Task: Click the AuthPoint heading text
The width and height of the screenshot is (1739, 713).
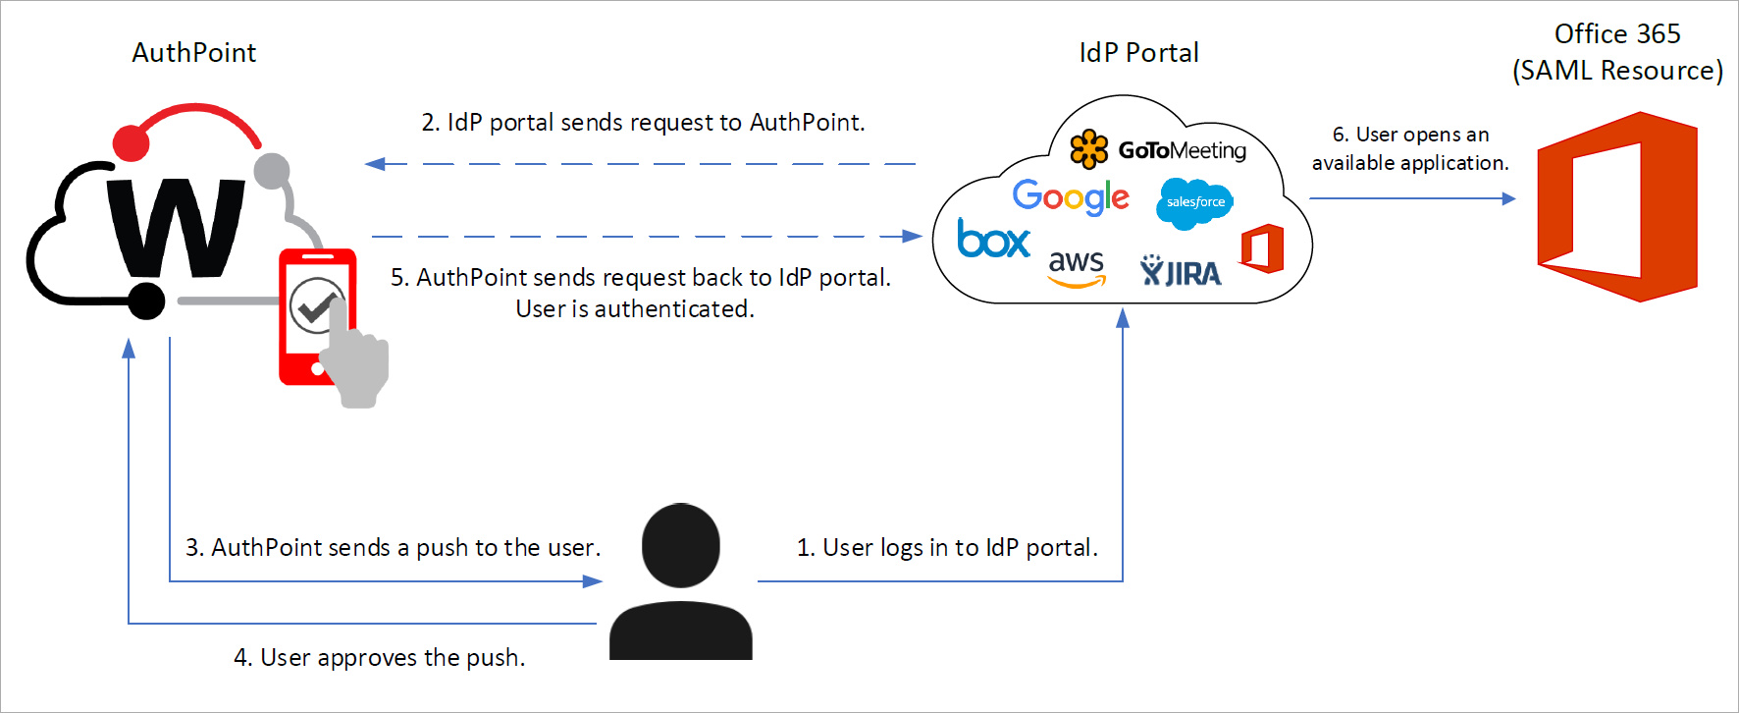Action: pos(194,53)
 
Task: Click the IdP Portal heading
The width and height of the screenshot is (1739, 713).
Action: pos(1138,53)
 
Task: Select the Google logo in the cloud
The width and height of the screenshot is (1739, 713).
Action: pos(1070,197)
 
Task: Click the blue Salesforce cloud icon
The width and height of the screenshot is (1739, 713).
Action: pos(1194,202)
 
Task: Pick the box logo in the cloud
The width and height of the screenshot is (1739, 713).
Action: pos(993,239)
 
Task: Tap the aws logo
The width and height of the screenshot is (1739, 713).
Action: pos(1077,268)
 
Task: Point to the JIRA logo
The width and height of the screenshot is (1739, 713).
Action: pos(1181,272)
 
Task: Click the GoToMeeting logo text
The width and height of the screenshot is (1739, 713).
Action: pos(1182,150)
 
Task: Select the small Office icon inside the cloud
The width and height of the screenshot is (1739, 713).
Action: pos(1262,248)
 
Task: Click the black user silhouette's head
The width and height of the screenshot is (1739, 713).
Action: pos(681,545)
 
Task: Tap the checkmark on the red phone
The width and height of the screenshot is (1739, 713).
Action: pos(315,307)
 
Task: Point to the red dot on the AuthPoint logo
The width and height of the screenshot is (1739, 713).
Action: pos(131,143)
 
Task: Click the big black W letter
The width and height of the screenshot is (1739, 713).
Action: pos(177,228)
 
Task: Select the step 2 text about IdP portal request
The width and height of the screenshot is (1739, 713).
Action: pos(643,123)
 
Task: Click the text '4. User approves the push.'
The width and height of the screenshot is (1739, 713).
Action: pos(379,657)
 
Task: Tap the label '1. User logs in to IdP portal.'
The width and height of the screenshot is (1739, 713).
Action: pos(947,547)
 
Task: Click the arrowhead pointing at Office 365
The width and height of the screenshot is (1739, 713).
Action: pos(1508,198)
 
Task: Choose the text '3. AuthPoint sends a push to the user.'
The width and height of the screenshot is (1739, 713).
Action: pos(393,547)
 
